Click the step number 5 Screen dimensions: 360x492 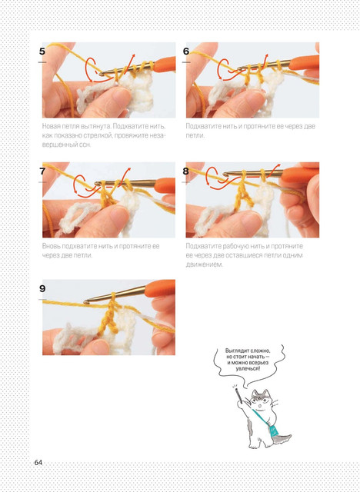(x=42, y=52)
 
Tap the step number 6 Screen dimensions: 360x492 (x=186, y=52)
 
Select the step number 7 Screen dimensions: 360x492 (x=42, y=171)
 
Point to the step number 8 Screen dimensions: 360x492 (x=186, y=171)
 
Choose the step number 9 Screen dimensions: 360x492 (x=42, y=289)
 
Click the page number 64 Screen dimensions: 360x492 (x=38, y=463)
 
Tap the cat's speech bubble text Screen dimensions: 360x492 (x=248, y=360)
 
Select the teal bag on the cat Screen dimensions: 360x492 (x=273, y=430)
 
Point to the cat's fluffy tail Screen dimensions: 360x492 (x=282, y=438)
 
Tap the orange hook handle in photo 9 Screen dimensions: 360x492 (x=159, y=288)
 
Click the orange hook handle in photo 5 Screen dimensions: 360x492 (x=165, y=64)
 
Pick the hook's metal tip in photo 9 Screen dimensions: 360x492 (x=87, y=302)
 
